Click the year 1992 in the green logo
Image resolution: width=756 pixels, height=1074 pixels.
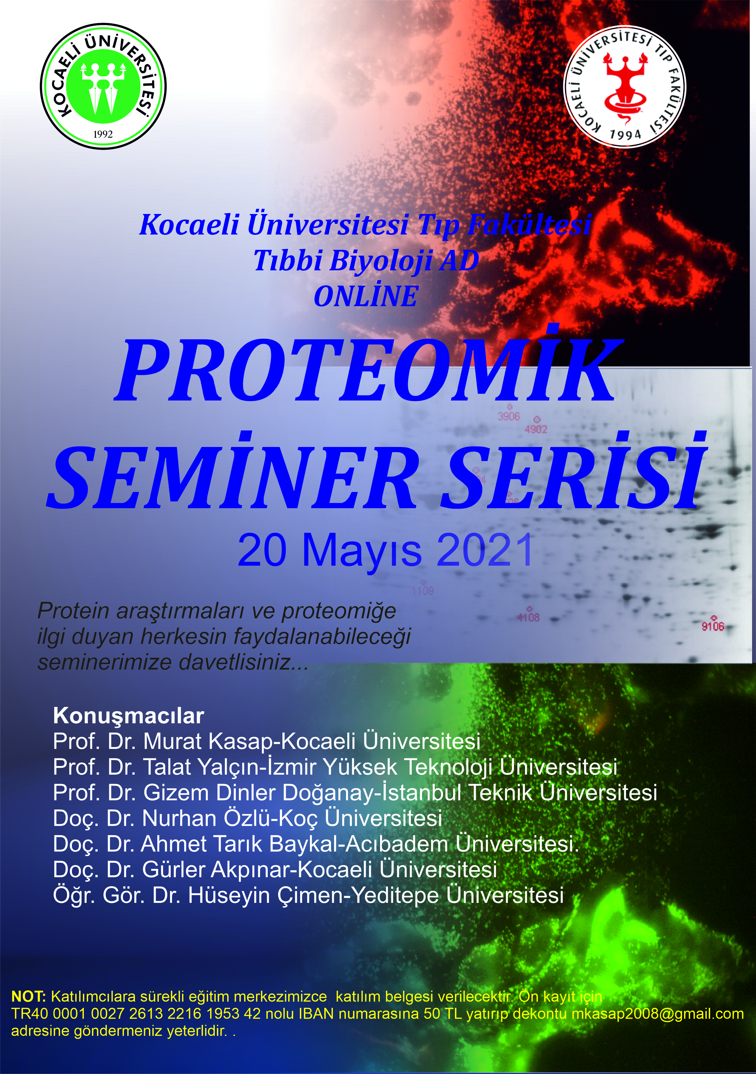pyautogui.click(x=103, y=134)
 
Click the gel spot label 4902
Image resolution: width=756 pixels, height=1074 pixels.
pyautogui.click(x=536, y=429)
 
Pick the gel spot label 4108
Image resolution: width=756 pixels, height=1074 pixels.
pyautogui.click(x=528, y=618)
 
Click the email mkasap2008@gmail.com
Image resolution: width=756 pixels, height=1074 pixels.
pyautogui.click(x=657, y=1014)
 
